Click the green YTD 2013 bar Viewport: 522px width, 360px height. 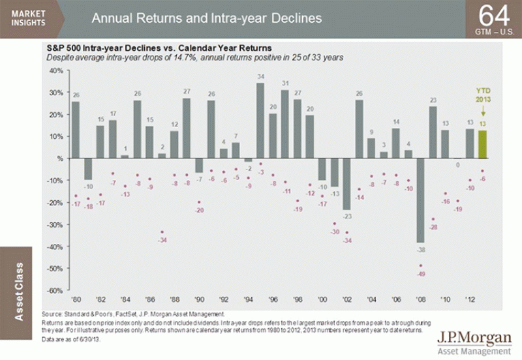483,144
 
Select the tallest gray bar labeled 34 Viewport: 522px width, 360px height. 261,120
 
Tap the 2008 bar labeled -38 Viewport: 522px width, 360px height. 421,200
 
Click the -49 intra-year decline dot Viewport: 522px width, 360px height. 421,265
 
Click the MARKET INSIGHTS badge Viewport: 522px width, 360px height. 27,17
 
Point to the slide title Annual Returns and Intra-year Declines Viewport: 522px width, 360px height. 206,18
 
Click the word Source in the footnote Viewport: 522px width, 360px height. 50,314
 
